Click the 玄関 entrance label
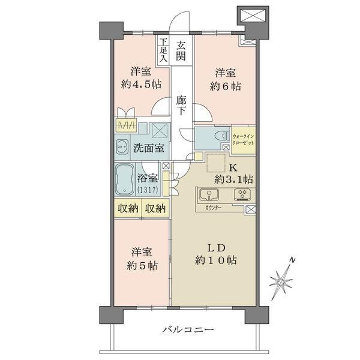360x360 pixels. coord(181,52)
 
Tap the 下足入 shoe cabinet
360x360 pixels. coord(163,50)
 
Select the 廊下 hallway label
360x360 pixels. coord(181,106)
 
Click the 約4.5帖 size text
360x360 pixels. coord(141,85)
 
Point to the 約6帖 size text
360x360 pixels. coord(225,86)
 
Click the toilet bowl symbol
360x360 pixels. coord(221,136)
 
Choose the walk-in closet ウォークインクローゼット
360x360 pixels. coord(244,140)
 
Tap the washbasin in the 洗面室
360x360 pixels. coord(122,147)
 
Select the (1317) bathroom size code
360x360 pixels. coord(148,190)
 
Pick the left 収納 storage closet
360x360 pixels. coord(128,208)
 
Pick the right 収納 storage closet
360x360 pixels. coord(155,208)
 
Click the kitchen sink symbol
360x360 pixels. coord(209,194)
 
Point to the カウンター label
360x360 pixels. coord(213,208)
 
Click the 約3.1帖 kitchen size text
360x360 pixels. coord(234,179)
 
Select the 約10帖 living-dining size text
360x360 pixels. coord(216,260)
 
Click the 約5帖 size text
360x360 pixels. coord(142,266)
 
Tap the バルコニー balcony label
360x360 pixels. coord(188,330)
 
